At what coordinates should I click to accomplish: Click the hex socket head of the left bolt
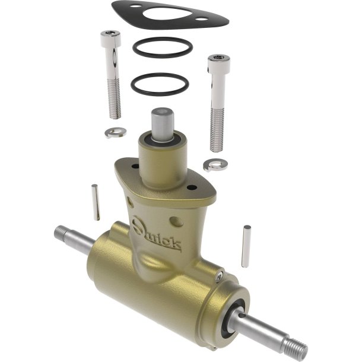[111, 38]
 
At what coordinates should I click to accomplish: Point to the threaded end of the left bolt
[115, 99]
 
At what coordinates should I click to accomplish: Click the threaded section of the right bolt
[217, 131]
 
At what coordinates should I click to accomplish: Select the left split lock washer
[116, 132]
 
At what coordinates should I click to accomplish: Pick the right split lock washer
[215, 165]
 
